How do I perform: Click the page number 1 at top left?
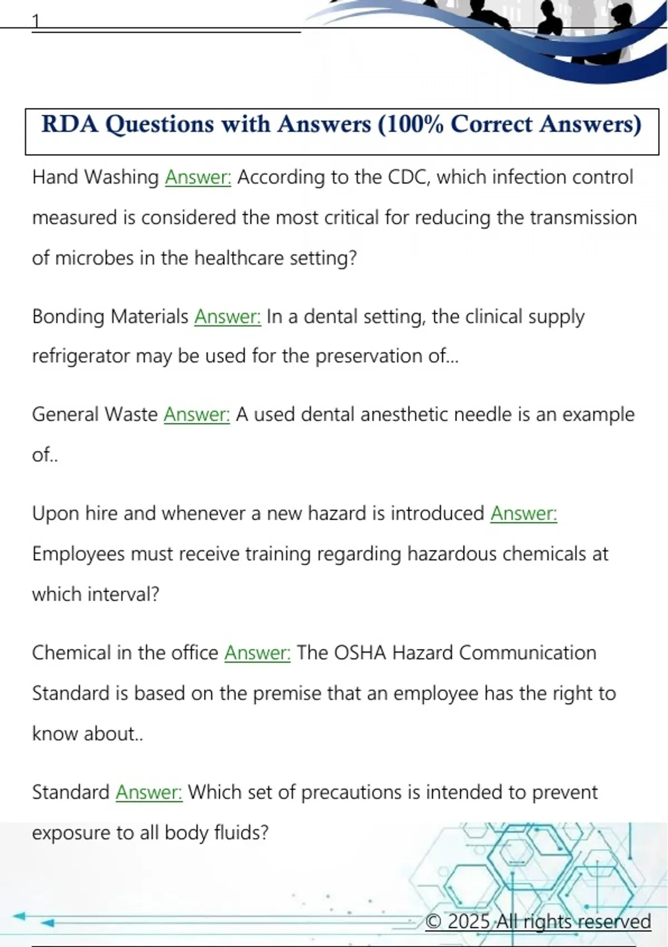coord(36,21)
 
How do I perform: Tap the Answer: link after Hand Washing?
coord(198,177)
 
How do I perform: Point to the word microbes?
coord(95,258)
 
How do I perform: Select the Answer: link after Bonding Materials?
coord(227,316)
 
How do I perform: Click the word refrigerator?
coord(81,356)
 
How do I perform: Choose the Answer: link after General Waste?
coord(197,414)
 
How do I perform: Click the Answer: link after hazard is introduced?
coord(523,513)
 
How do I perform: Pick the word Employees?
coord(78,554)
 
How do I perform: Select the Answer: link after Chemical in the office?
coord(257,652)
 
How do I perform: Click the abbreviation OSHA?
coord(360,652)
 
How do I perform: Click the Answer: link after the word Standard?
coord(149,792)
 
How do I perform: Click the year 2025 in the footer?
coord(469,921)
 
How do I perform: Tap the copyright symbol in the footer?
coord(433,921)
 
